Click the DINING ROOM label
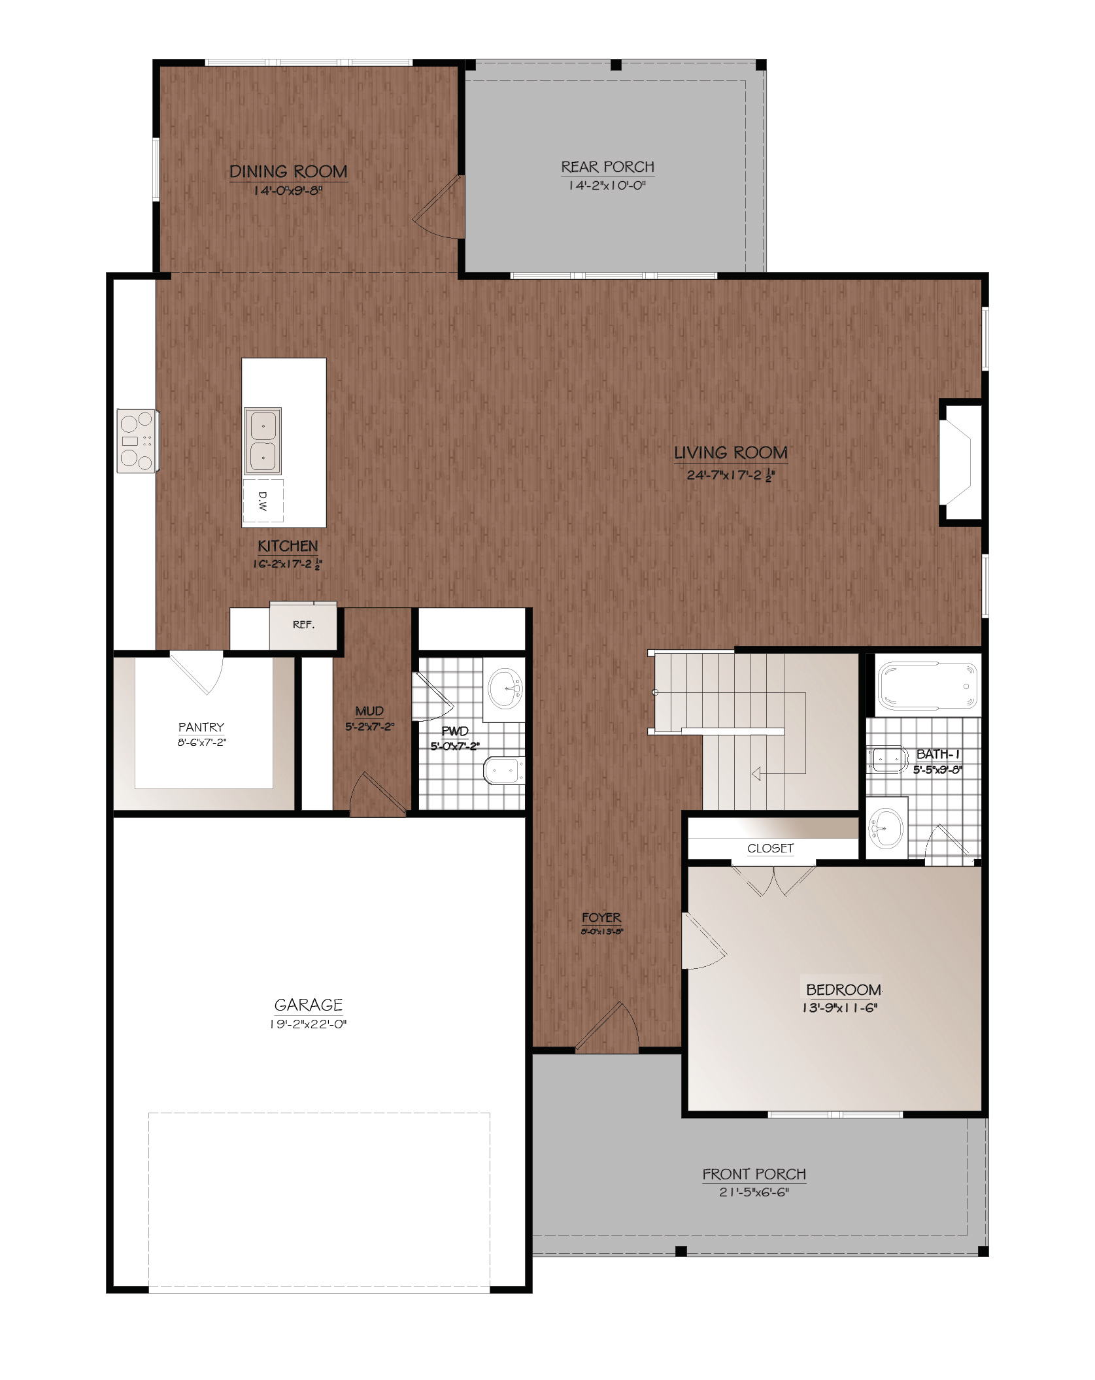288,171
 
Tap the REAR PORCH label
608,167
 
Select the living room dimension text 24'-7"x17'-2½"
731,475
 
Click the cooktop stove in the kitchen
137,441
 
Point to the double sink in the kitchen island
263,441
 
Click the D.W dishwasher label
263,501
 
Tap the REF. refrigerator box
303,625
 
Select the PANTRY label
201,728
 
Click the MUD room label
369,711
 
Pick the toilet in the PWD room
503,771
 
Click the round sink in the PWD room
505,688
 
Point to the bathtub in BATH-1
928,686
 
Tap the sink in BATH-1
886,828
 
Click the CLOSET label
771,849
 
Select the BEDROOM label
843,990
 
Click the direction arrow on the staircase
756,774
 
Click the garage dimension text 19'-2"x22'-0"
308,1024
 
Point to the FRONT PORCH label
754,1175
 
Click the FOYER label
601,918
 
